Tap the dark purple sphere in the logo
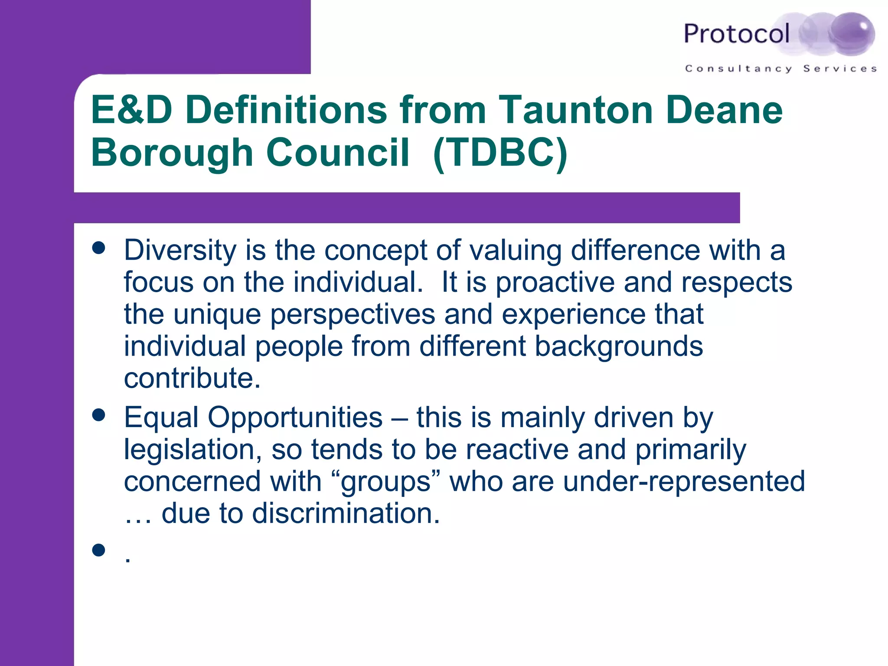pos(851,33)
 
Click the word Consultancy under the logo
pos(738,69)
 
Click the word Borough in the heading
pos(172,153)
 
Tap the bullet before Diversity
pos(99,248)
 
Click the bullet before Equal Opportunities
pos(99,415)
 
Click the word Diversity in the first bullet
pos(180,251)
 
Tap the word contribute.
pos(192,378)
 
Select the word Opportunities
pos(295,418)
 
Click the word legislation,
pos(193,450)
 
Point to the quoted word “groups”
pos(386,482)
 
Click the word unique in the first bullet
pos(217,315)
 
